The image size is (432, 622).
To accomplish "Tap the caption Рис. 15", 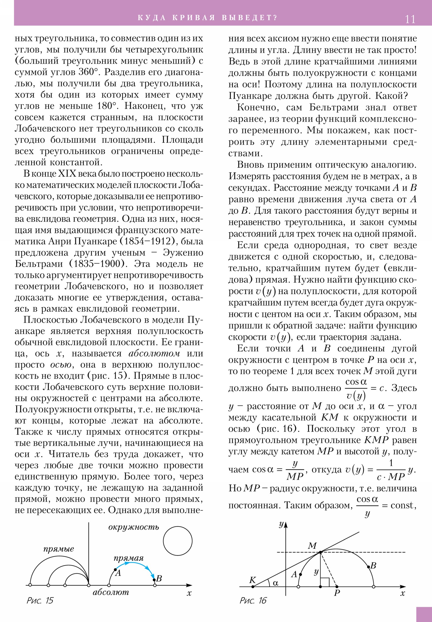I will (40, 600).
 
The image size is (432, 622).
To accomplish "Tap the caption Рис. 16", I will (253, 601).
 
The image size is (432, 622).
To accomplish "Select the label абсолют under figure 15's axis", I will (111, 593).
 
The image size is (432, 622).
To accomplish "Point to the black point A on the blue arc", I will (116, 570).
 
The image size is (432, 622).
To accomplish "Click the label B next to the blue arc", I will (159, 579).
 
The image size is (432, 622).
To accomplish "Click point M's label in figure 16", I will (312, 546).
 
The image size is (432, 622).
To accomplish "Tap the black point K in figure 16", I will (253, 587).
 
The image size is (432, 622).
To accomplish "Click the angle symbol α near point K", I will (275, 583).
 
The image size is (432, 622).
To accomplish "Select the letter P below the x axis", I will (337, 593).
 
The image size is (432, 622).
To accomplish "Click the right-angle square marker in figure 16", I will (325, 582).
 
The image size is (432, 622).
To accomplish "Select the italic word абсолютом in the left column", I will (154, 353).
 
